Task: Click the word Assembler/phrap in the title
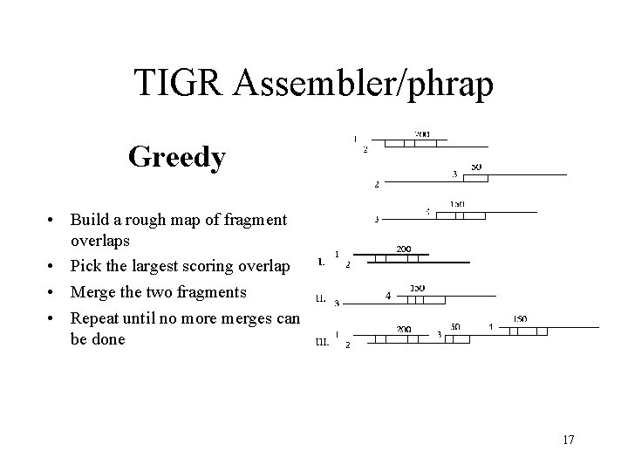[365, 84]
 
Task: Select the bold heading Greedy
[177, 157]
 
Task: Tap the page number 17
[568, 439]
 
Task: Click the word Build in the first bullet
[92, 218]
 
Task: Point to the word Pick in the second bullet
[88, 266]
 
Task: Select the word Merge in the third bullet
[94, 290]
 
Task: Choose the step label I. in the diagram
[323, 261]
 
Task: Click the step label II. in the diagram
[321, 299]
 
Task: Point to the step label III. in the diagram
[322, 343]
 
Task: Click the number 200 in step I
[405, 249]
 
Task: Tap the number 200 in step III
[405, 329]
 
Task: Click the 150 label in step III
[519, 319]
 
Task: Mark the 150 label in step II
[417, 288]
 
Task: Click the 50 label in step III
[455, 327]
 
